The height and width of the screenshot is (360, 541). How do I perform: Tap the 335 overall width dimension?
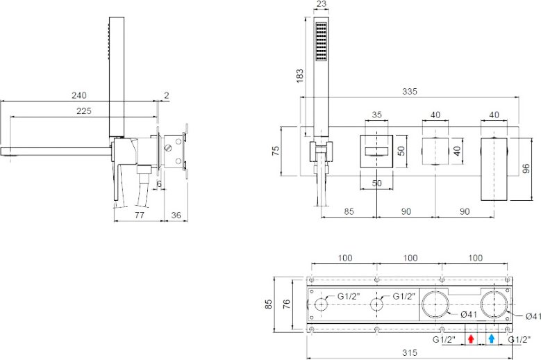tap(410, 92)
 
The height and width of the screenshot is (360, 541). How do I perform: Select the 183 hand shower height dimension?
tap(300, 76)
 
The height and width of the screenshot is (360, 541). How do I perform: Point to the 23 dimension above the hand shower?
tap(322, 3)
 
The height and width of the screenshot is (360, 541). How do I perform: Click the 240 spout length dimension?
tap(79, 95)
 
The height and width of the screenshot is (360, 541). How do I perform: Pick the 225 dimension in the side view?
tap(84, 111)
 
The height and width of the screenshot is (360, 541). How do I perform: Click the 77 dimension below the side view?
tap(140, 215)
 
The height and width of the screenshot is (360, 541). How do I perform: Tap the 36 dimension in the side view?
tap(176, 215)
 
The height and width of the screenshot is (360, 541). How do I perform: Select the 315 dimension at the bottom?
tap(410, 353)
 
